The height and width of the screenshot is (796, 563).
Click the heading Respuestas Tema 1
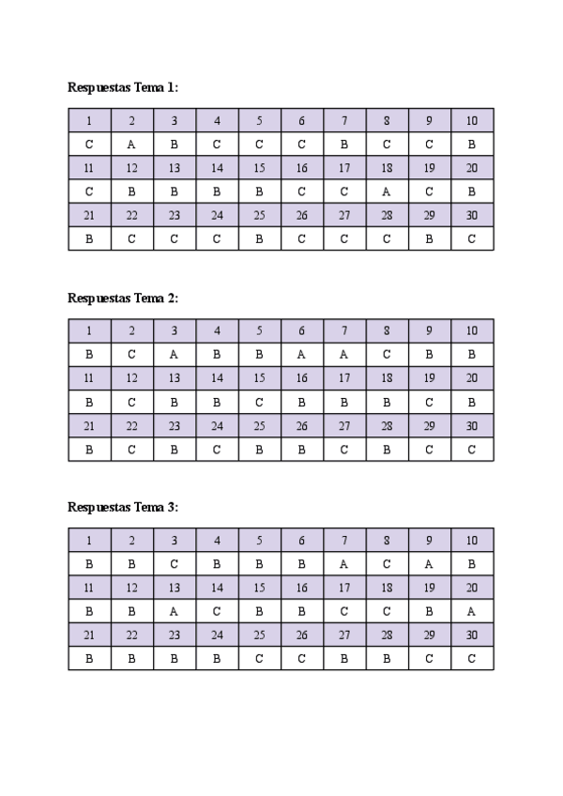coord(123,87)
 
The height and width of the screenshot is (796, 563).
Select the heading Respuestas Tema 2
coord(123,298)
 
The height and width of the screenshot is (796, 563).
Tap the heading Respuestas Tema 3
coord(123,507)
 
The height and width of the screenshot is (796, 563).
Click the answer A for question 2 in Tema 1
coord(131,145)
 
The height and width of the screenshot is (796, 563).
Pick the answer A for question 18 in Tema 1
coord(387,191)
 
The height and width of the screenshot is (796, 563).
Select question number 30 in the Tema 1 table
coord(472,215)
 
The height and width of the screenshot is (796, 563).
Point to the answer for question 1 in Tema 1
coord(89,145)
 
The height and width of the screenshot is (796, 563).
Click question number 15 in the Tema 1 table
coord(259,168)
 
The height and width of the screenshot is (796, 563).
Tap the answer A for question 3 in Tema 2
coord(175,355)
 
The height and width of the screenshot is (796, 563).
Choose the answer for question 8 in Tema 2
coord(387,355)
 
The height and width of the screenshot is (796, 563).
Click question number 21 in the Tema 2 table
coord(89,425)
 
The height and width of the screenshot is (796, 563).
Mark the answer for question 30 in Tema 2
coord(472,450)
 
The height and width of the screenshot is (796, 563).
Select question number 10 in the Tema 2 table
coord(472,330)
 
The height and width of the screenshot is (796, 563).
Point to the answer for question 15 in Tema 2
coord(259,402)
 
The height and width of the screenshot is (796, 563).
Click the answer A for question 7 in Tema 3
coord(344,564)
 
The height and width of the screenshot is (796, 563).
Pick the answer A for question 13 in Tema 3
coord(175,611)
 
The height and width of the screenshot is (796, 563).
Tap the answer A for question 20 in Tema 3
coord(472,611)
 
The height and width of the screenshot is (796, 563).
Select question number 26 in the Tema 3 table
coord(302,635)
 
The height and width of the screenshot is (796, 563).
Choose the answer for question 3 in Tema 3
coord(175,564)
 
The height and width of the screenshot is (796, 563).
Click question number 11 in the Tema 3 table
coord(89,588)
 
